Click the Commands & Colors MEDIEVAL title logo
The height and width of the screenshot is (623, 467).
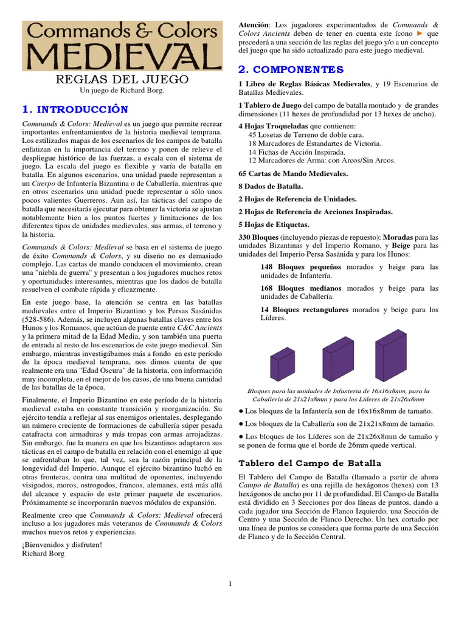pyautogui.click(x=122, y=46)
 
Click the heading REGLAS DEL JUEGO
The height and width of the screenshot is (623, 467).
pyautogui.click(x=122, y=80)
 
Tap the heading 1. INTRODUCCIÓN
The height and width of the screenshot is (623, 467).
pyautogui.click(x=75, y=110)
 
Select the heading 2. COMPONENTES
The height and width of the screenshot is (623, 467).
pyautogui.click(x=291, y=69)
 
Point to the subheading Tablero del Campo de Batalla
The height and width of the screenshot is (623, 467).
pyautogui.click(x=310, y=463)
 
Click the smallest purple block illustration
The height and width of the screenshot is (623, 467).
pyautogui.click(x=283, y=363)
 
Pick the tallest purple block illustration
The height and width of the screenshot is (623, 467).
pyautogui.click(x=391, y=355)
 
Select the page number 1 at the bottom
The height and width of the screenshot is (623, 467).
pyautogui.click(x=230, y=584)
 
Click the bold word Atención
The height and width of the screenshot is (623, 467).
pyautogui.click(x=254, y=24)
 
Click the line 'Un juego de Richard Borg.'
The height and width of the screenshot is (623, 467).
pyautogui.click(x=122, y=91)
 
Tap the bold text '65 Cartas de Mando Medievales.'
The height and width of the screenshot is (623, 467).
pyautogui.click(x=293, y=173)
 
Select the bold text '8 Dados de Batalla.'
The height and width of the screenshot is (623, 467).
pyautogui.click(x=271, y=186)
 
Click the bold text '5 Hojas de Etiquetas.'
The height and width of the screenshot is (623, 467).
pyautogui.click(x=275, y=224)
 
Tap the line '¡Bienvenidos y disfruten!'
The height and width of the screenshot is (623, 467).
pyautogui.click(x=62, y=545)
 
